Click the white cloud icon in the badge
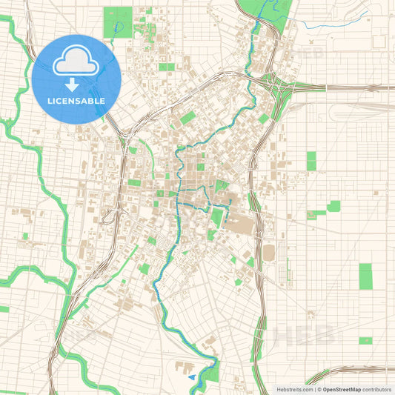tap(76, 62)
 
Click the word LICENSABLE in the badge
tap(76, 101)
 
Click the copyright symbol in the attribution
tap(319, 388)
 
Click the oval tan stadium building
tap(268, 253)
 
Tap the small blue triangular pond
tap(193, 377)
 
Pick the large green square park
tap(115, 22)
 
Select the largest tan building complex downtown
tap(241, 220)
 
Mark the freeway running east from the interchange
tap(348, 86)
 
